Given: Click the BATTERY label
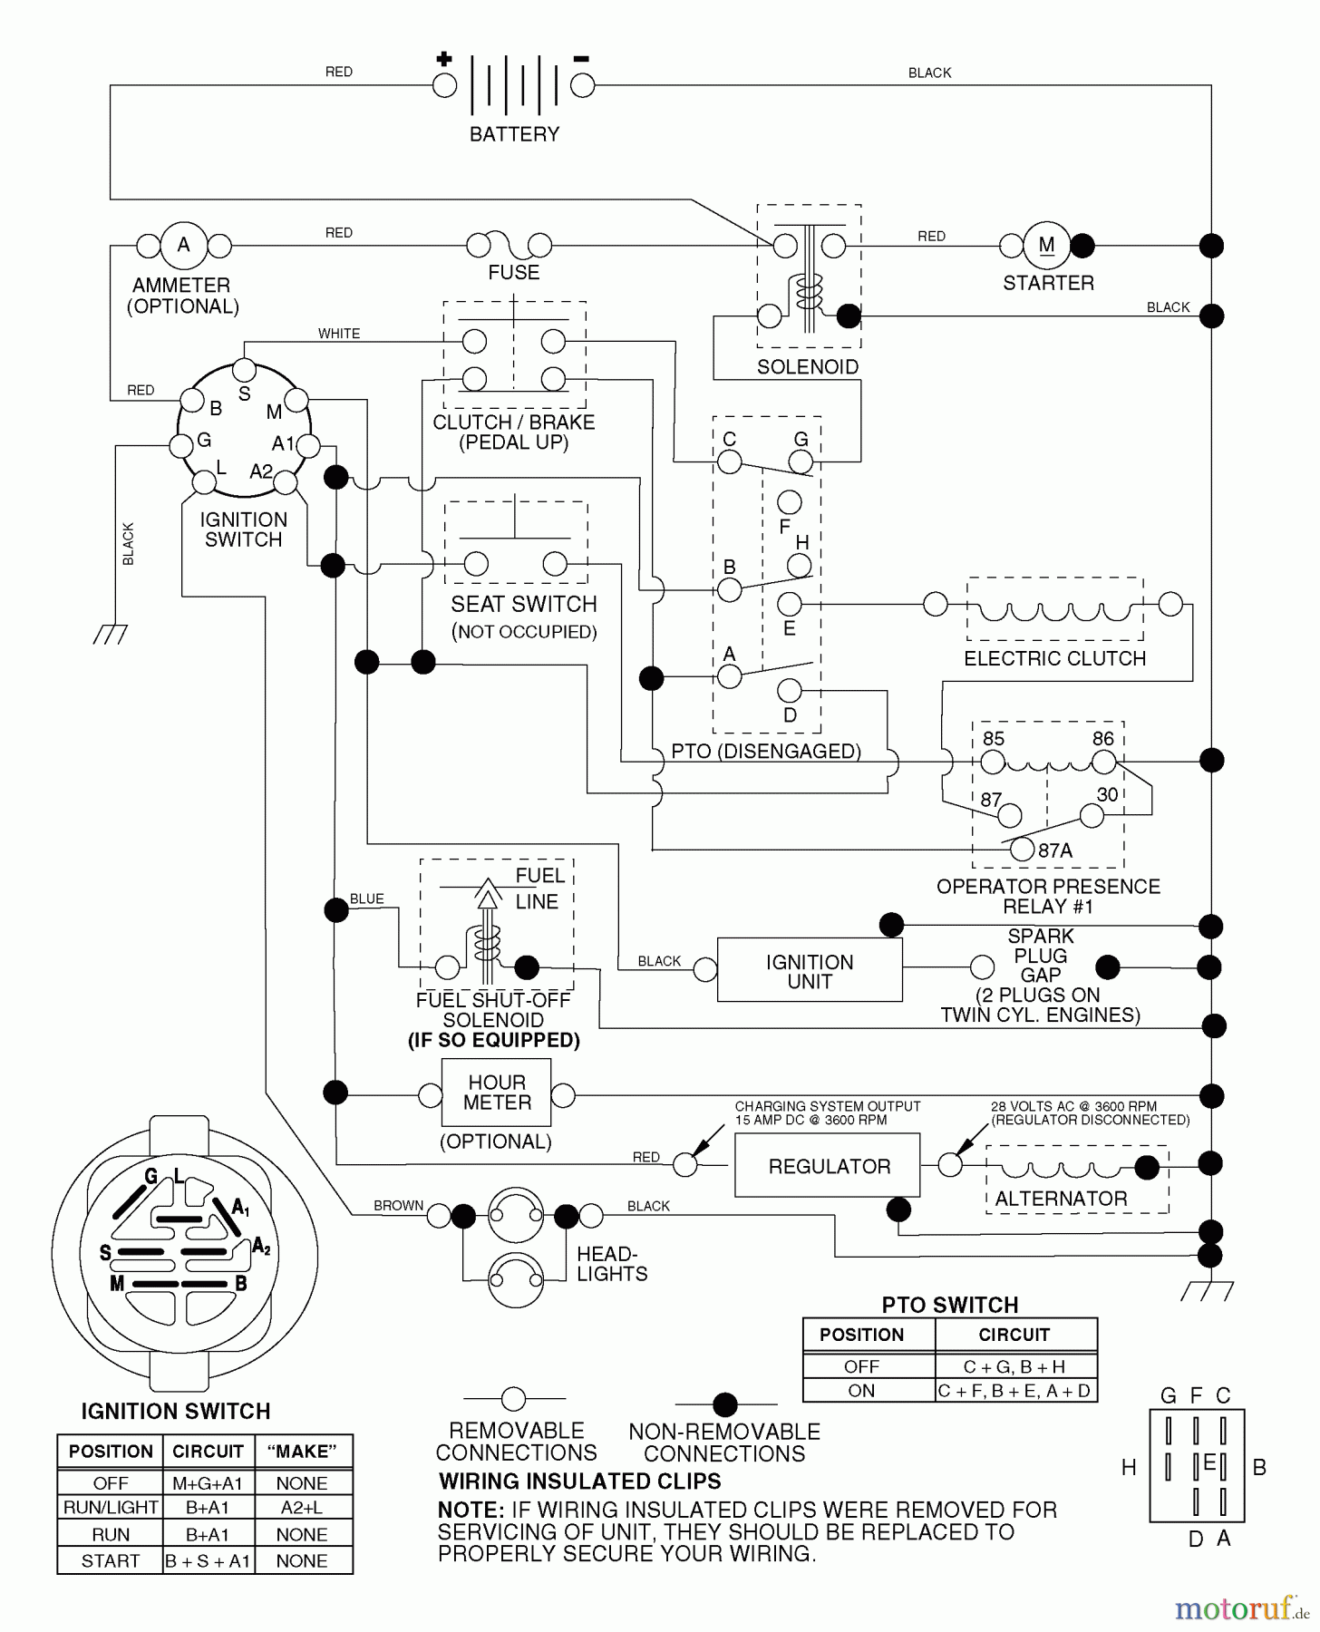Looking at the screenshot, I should pyautogui.click(x=514, y=134).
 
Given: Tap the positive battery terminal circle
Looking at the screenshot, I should pyautogui.click(x=444, y=86).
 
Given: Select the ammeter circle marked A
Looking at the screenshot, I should pyautogui.click(x=184, y=245).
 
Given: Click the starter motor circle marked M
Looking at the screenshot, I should pyautogui.click(x=1046, y=245).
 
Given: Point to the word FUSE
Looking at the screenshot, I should pyautogui.click(x=513, y=273).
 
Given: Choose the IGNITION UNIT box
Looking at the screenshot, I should pyautogui.click(x=809, y=971).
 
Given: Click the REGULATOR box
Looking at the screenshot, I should pyautogui.click(x=828, y=1166).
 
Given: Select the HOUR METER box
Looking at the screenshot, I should pyautogui.click(x=496, y=1093).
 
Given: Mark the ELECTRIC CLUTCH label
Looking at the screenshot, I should pyautogui.click(x=1054, y=659).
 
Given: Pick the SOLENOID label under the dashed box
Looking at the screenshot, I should pyautogui.click(x=807, y=367).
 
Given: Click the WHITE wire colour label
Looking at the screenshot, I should pyautogui.click(x=339, y=334).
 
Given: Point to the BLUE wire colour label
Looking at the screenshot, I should pyautogui.click(x=367, y=899).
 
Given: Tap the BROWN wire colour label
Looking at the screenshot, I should pyautogui.click(x=398, y=1206).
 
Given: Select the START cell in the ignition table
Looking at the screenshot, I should pyautogui.click(x=111, y=1561).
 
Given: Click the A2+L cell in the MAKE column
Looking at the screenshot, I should pyautogui.click(x=302, y=1508).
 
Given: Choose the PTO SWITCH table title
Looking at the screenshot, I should pyautogui.click(x=949, y=1305).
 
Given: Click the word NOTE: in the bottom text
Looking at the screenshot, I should pyautogui.click(x=471, y=1511).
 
